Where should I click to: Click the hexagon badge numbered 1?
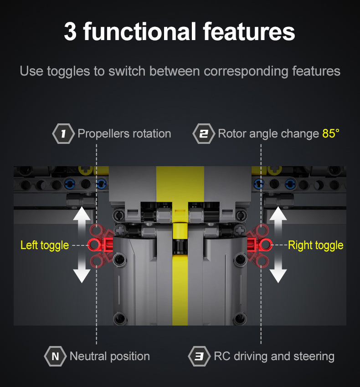pos(63,133)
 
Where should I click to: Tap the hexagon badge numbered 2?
pos(204,133)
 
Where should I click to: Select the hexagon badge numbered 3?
pos(199,356)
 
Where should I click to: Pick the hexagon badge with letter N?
pos(55,356)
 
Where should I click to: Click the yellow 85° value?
pos(331,133)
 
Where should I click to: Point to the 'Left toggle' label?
pos(45,245)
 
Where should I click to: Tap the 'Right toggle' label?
pos(315,245)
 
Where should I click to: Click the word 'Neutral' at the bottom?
pos(88,356)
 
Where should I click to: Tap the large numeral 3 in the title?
pos(70,31)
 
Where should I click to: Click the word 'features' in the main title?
pos(249,31)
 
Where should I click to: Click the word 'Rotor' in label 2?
pos(232,133)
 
